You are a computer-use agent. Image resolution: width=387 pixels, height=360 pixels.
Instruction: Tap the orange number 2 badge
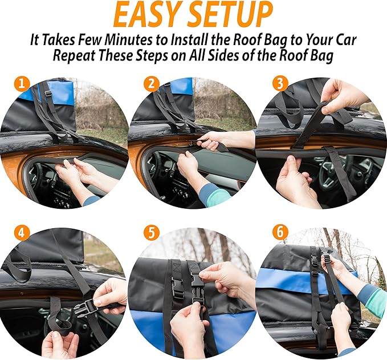pos(151,84)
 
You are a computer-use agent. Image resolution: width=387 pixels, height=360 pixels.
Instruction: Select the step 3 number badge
pos(280,84)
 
